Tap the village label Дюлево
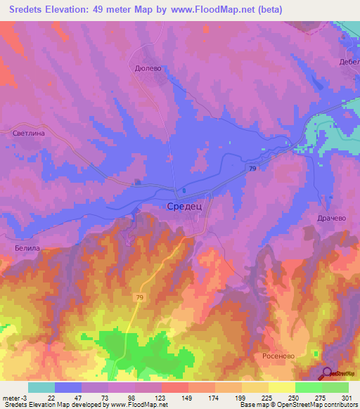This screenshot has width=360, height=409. (148, 69)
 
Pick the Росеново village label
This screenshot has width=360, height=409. (281, 356)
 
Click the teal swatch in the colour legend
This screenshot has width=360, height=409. (41, 387)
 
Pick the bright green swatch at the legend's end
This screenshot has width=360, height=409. (335, 387)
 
